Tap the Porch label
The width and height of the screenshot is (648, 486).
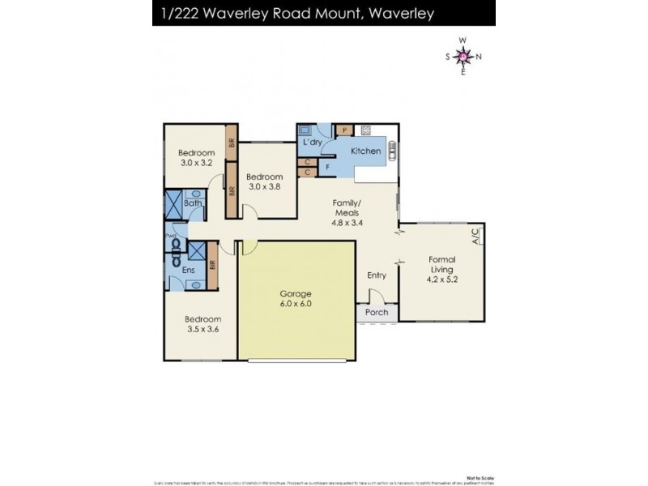[377, 313]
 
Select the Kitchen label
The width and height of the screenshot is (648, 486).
[365, 151]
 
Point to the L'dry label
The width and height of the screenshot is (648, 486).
[313, 143]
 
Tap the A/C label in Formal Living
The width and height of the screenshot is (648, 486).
[476, 236]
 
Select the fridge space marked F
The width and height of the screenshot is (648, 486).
[327, 167]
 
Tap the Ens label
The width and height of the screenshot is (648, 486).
[188, 270]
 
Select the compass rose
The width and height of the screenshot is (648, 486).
[463, 56]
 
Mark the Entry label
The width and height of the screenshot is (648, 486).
[376, 275]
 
